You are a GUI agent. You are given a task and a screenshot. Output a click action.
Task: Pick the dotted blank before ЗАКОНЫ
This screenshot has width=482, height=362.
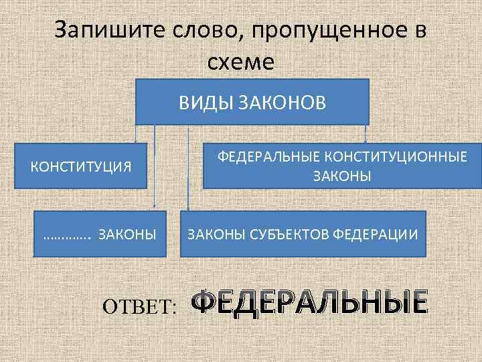click(66, 235)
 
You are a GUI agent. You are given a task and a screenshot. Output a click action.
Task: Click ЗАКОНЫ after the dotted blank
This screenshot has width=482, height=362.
click(127, 235)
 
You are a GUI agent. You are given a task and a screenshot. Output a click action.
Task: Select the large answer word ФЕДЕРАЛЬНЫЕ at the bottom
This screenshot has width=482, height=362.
click(309, 302)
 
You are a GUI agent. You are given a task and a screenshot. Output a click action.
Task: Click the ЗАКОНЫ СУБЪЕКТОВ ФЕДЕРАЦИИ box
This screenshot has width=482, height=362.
click(303, 235)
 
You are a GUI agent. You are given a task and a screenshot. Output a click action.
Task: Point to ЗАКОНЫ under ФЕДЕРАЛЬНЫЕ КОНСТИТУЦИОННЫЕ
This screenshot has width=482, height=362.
click(342, 176)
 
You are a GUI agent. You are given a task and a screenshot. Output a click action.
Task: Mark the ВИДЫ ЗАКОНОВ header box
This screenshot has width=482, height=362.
click(252, 102)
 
